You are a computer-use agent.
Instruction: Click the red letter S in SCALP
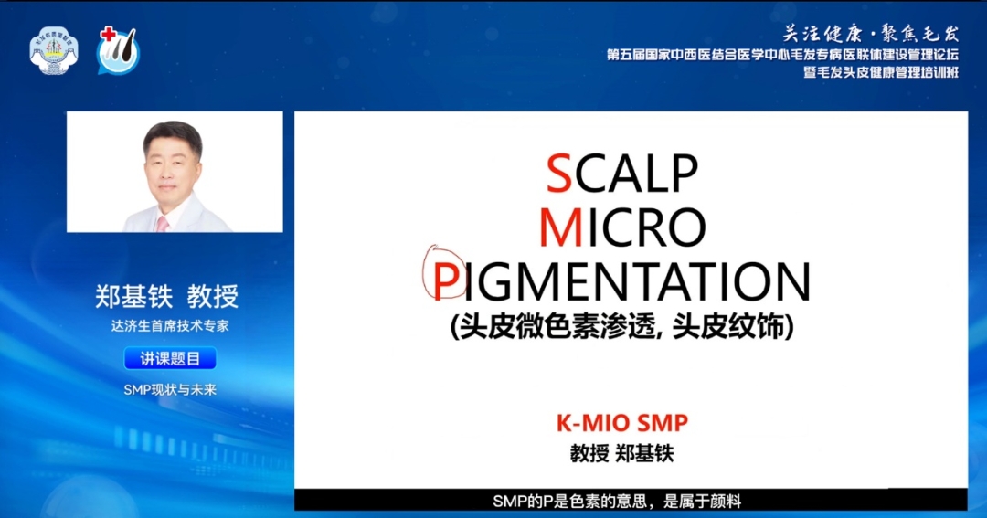[x=559, y=173]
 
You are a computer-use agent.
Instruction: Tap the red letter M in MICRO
[x=561, y=227]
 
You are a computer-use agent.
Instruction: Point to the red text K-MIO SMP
[x=622, y=423]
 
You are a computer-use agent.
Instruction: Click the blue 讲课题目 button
[x=170, y=358]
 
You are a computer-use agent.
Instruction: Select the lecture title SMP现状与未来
[x=170, y=389]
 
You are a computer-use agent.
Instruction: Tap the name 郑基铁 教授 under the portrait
[x=167, y=296]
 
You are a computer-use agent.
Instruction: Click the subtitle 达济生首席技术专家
[x=170, y=326]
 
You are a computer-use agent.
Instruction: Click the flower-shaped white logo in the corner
[x=54, y=50]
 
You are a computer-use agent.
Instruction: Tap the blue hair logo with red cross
[x=118, y=50]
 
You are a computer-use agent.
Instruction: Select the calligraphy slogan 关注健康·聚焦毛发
[x=871, y=34]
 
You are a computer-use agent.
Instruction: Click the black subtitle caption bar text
[x=617, y=502]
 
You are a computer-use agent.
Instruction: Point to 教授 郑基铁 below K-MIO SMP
[x=622, y=453]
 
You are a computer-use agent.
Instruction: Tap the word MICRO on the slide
[x=622, y=227]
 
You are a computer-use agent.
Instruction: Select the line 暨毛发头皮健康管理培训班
[x=881, y=72]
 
